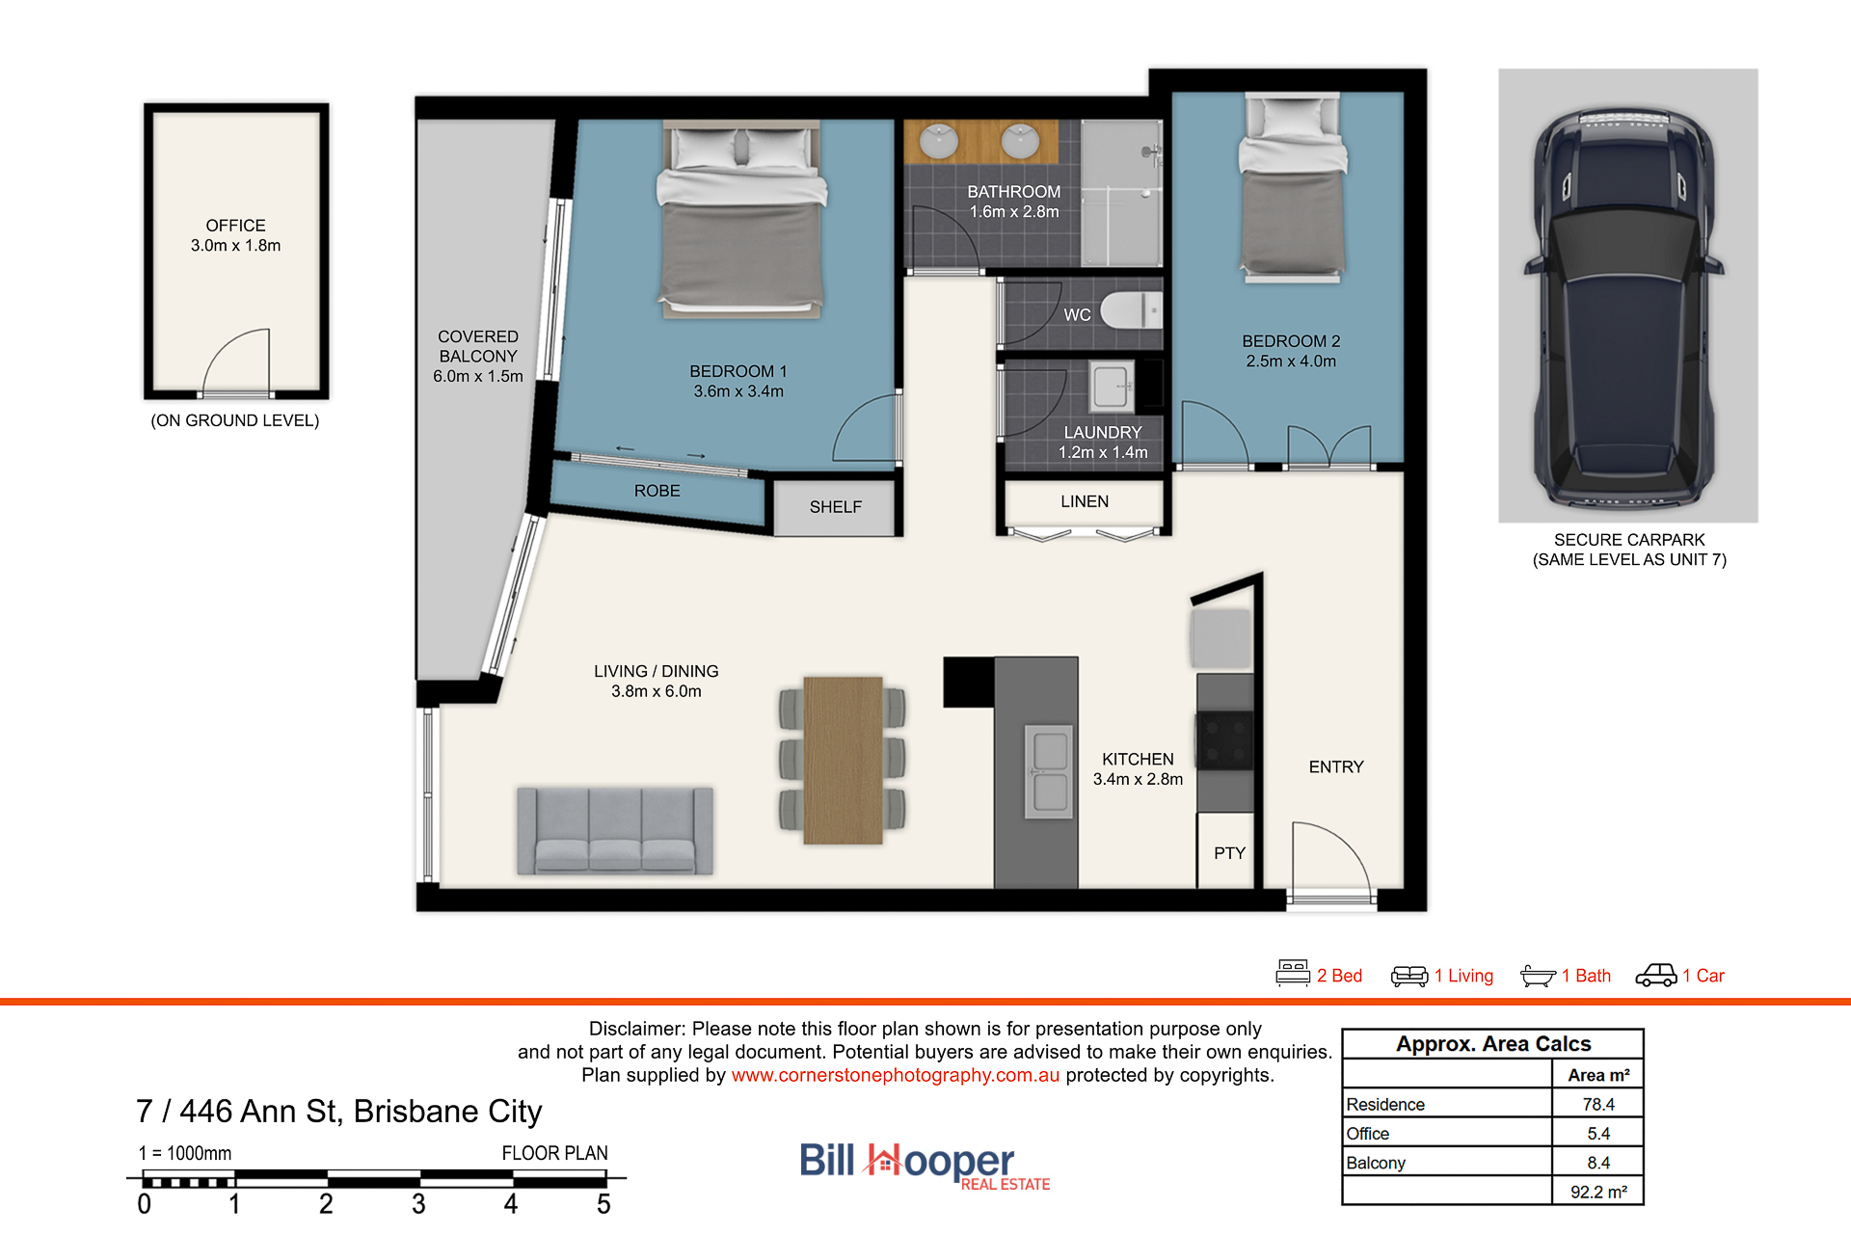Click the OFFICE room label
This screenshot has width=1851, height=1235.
(235, 226)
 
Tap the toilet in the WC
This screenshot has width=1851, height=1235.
(1132, 310)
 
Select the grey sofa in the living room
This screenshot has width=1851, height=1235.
(615, 831)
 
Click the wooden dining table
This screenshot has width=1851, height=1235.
(843, 760)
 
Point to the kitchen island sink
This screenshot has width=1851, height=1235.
(1049, 771)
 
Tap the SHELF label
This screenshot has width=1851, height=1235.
(836, 507)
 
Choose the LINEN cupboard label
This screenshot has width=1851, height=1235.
(1085, 501)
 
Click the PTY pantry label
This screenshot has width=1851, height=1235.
(1229, 853)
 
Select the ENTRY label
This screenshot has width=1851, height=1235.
(1336, 767)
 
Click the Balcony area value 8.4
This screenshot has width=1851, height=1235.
(1598, 1163)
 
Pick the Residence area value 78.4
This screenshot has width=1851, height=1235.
(1598, 1105)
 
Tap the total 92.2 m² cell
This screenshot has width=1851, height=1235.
(1598, 1192)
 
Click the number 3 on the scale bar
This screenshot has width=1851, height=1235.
(418, 1204)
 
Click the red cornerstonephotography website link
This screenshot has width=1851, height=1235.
(895, 1075)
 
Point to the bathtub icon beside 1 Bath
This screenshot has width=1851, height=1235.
(1538, 976)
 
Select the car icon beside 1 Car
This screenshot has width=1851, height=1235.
(1656, 976)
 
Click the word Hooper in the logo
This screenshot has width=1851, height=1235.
(940, 1161)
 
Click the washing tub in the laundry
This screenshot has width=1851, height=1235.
(1112, 387)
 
